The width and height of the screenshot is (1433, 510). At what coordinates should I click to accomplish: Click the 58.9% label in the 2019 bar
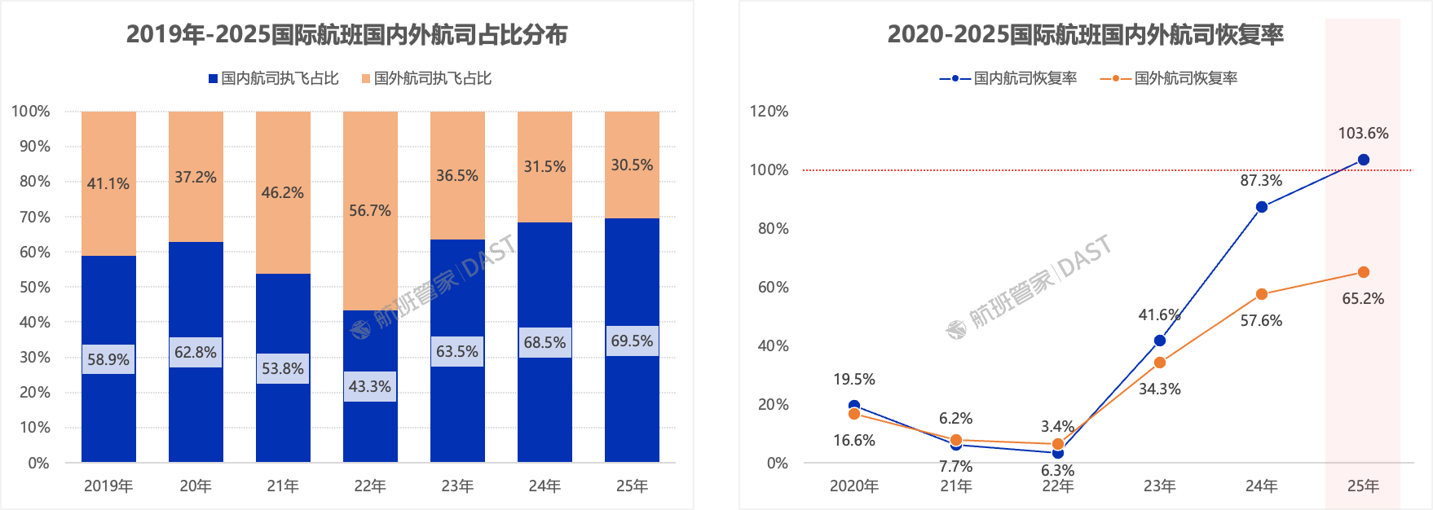coord(108,359)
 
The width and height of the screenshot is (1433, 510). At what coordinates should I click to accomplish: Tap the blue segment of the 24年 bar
coord(545,407)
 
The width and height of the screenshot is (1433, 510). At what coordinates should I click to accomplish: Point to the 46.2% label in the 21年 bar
coord(282,193)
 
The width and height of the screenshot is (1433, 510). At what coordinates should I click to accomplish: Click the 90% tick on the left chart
coord(34,147)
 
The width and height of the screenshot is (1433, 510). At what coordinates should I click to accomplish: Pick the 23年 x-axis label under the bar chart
coord(457,486)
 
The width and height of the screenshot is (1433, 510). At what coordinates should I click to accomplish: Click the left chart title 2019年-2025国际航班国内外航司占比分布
coord(346,35)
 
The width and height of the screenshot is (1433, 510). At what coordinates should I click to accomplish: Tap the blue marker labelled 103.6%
coord(1363,160)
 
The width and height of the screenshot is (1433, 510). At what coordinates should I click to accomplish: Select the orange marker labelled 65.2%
coord(1363,272)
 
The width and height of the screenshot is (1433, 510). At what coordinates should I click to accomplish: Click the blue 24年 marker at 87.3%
coord(1261,207)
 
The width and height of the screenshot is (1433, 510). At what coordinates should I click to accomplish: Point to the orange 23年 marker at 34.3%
coord(1159,363)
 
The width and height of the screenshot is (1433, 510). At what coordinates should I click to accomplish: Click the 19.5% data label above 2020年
coord(853,380)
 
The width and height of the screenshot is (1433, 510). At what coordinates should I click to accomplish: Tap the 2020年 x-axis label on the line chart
coord(853,486)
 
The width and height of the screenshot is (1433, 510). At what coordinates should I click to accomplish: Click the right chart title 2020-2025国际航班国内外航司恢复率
coord(1085,35)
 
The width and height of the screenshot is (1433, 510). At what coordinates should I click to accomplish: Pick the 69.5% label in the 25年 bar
coord(632,341)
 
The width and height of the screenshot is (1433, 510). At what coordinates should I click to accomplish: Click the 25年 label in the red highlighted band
coord(1363,486)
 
